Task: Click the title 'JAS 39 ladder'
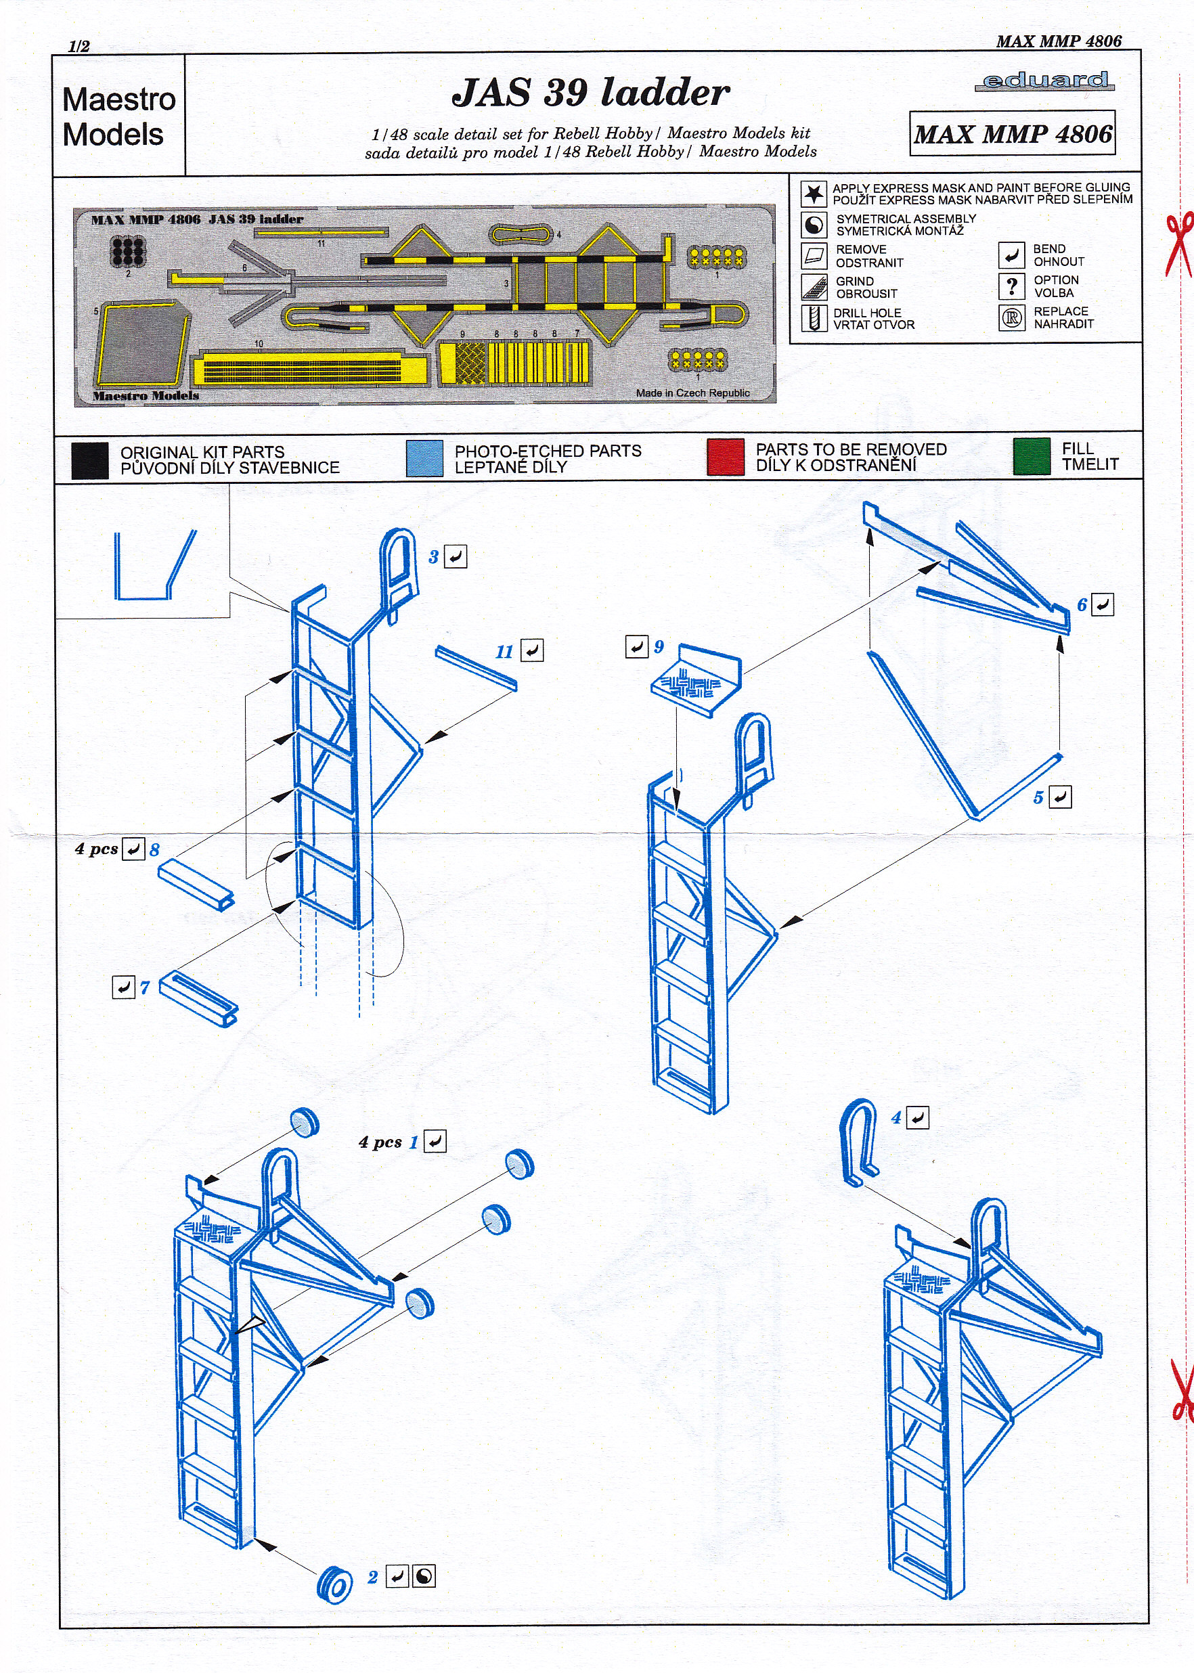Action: coord(590,93)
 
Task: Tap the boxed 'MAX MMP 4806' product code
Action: coord(1013,134)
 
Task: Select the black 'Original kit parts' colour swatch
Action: coord(90,461)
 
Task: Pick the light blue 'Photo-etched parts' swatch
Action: coord(424,458)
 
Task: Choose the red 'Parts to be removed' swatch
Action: coord(725,458)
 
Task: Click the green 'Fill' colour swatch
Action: coord(1031,456)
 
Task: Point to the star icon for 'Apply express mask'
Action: coord(813,194)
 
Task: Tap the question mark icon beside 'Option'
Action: coord(1012,286)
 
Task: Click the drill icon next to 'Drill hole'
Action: coord(813,318)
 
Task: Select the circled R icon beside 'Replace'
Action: coord(1012,317)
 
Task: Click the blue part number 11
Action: coord(504,651)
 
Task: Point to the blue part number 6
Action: coord(1082,605)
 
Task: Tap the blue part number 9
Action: coord(659,646)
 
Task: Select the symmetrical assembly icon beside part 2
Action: coord(424,1577)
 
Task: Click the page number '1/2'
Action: coord(79,46)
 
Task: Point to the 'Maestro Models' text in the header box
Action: coord(118,117)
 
